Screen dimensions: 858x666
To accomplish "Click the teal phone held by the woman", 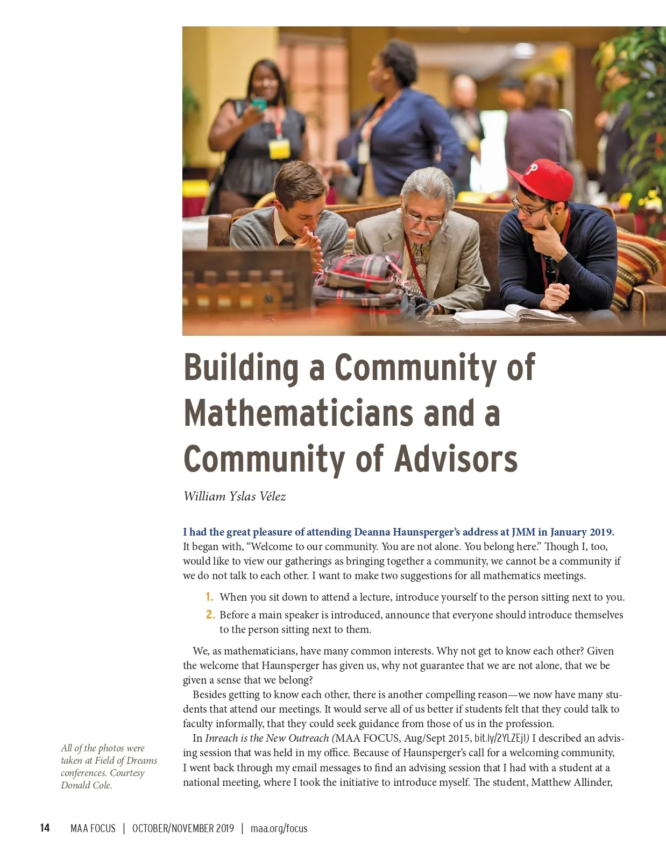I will coord(259,103).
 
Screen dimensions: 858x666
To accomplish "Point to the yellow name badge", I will coord(279,149).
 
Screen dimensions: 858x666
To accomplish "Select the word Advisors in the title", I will coord(456,459).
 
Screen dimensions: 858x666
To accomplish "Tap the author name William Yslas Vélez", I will coord(235,496).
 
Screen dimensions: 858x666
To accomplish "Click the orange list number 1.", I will coord(209,597).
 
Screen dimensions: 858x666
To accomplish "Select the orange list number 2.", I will coord(210,615).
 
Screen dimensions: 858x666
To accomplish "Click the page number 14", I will coord(45,828).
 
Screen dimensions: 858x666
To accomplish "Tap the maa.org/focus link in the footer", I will coord(279,828).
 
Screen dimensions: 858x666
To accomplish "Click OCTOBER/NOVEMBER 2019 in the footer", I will coord(183,828).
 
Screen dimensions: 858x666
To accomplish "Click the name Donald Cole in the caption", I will coord(87,785).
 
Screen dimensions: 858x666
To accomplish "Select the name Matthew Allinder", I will coord(572,782).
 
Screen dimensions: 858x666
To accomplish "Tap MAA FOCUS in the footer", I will coord(93,828).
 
